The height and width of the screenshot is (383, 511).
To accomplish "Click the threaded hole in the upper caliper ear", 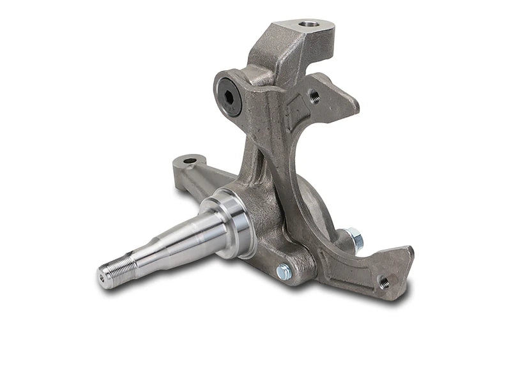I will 314,96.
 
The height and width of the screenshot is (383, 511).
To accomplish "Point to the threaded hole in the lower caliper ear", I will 384,281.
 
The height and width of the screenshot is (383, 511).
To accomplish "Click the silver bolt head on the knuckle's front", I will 283,271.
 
